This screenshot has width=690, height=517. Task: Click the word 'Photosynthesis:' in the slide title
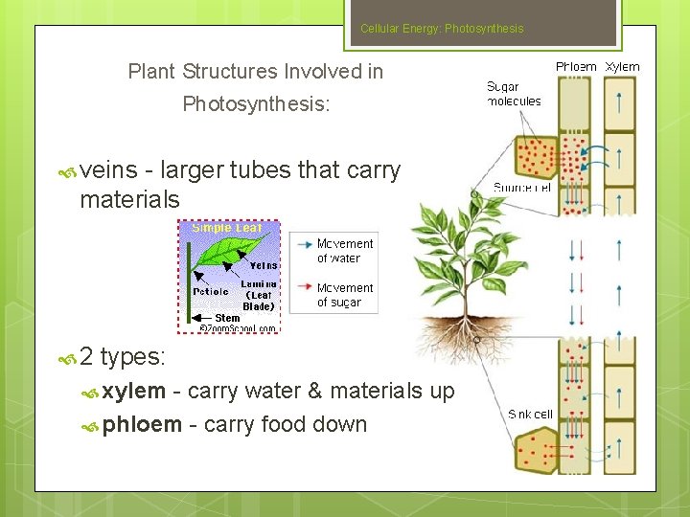(x=256, y=103)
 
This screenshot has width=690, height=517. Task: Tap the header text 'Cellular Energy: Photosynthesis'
(x=442, y=29)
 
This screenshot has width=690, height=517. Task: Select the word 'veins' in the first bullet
(x=108, y=170)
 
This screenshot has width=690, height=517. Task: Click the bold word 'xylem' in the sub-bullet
(x=134, y=391)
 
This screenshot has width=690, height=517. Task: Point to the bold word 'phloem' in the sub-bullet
(x=142, y=424)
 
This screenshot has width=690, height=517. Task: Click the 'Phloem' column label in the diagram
(x=576, y=67)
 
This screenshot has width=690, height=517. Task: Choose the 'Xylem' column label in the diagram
(x=622, y=67)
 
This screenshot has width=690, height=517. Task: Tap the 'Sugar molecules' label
(x=514, y=94)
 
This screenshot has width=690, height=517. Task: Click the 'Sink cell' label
(x=530, y=414)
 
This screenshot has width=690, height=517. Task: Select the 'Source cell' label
(x=522, y=188)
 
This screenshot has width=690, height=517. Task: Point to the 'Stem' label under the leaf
(x=227, y=318)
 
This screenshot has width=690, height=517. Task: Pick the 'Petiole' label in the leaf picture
(x=210, y=290)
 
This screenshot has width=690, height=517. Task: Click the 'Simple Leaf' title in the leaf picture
(x=227, y=228)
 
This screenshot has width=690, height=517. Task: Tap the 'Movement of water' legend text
(x=344, y=251)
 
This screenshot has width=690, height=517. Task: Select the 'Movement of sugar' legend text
(x=344, y=295)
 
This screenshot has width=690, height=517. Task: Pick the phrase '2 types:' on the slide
(x=123, y=357)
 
